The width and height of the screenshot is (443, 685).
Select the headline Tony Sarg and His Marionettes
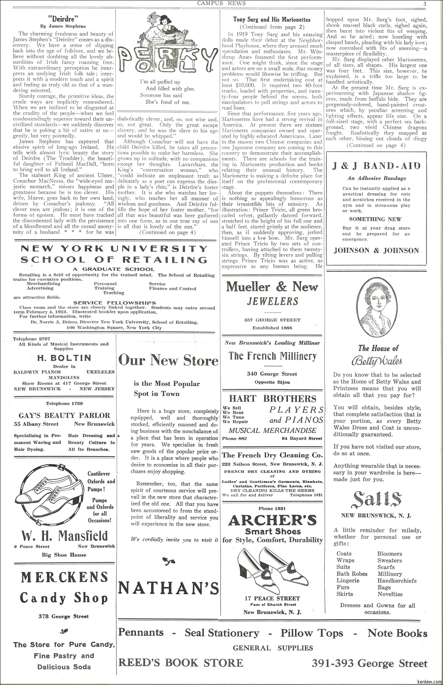(272, 19)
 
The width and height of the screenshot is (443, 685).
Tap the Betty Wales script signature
(378, 360)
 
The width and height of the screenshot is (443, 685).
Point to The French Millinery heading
(272, 356)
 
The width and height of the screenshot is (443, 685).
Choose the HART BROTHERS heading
(272, 398)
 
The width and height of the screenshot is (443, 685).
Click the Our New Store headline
(168, 360)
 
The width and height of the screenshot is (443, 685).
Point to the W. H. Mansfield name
(64, 535)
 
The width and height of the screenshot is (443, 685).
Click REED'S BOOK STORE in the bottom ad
(181, 663)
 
